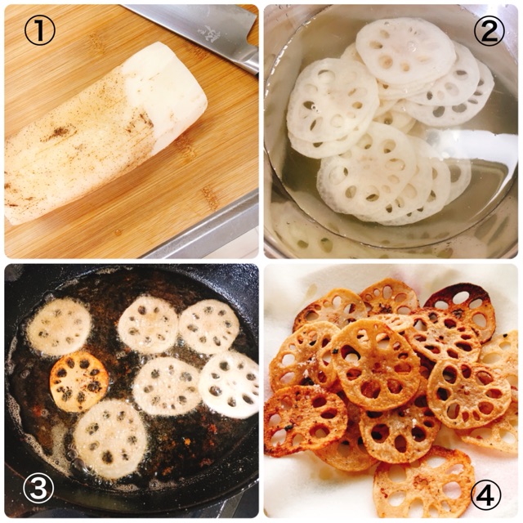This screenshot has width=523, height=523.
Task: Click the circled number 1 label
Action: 40,30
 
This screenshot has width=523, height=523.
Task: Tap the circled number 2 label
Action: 489,30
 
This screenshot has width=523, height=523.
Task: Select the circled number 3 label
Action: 38,489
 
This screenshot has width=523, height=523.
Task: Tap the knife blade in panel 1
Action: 197,33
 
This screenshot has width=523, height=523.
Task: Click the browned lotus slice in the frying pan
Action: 79,382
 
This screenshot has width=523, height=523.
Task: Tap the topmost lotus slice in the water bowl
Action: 405,50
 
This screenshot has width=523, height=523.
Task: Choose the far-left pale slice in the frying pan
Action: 59,327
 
